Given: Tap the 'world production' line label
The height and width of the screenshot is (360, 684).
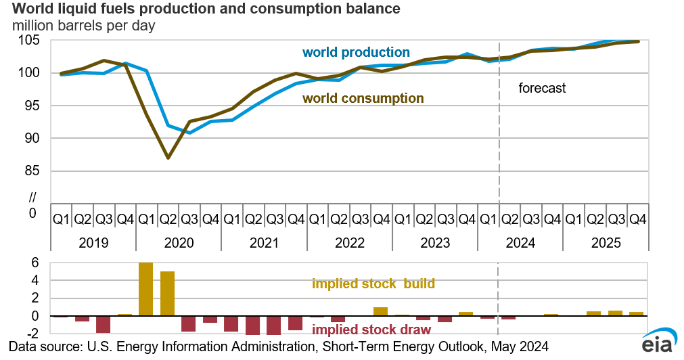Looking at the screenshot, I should tap(356, 52).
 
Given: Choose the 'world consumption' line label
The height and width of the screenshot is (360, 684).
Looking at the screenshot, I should tap(363, 98).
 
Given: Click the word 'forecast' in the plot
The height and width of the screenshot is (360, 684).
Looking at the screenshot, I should tap(542, 88).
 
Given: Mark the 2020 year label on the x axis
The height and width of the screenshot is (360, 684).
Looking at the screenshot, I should tap(179, 242).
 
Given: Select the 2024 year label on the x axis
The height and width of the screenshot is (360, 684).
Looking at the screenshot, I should tap(520, 242).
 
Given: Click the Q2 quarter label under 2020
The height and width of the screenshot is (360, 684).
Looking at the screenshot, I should tap(168, 219).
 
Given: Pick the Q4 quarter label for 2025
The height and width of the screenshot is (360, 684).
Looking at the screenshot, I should tap(637, 219).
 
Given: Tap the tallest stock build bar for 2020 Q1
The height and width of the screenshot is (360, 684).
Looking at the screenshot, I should tap(146, 289).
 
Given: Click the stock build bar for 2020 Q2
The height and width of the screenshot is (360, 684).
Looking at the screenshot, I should tap(168, 294).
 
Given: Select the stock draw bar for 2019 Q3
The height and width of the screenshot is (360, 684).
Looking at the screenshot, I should tap(103, 324).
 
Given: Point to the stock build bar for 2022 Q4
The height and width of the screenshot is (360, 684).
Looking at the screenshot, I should tap(381, 312).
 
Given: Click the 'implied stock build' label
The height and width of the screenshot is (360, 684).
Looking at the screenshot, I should tap(373, 284).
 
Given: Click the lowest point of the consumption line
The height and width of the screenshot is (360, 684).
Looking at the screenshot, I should tap(168, 158).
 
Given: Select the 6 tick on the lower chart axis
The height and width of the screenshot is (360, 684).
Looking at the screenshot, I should tap(36, 263).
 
